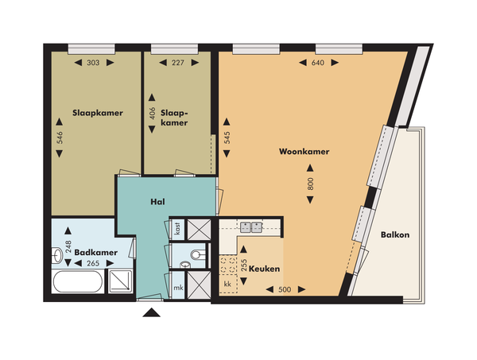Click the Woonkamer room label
click(x=304, y=152)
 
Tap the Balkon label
click(x=395, y=234)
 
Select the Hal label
click(x=157, y=202)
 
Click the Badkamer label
click(x=96, y=253)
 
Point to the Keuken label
click(x=264, y=269)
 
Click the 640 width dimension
click(x=318, y=63)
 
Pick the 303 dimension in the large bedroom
click(x=93, y=63)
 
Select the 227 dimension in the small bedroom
click(x=177, y=63)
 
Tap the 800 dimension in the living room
click(x=310, y=184)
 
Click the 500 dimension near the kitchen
click(x=285, y=289)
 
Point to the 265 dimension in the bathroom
click(x=93, y=263)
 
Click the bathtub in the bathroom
click(x=78, y=281)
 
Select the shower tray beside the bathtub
click(x=121, y=281)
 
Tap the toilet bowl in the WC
click(x=199, y=254)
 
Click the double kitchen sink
click(x=251, y=227)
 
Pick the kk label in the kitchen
click(x=227, y=284)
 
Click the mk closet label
click(x=178, y=288)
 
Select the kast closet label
click(x=177, y=229)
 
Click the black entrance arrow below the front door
click(x=152, y=312)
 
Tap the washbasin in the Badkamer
click(x=57, y=255)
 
